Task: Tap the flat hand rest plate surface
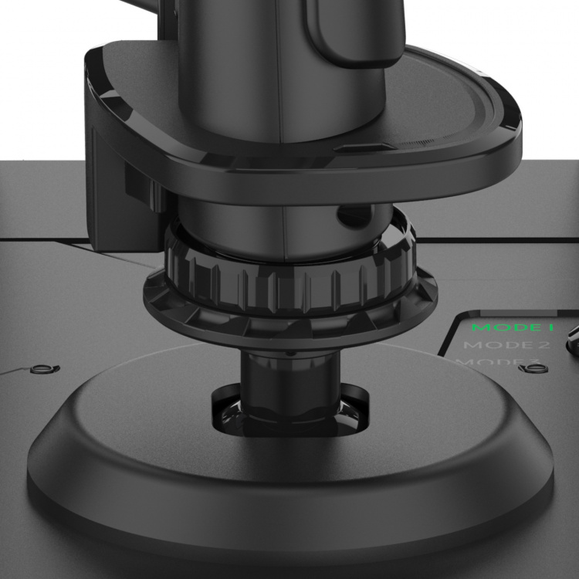[432, 116]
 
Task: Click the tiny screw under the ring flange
[289, 352]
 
